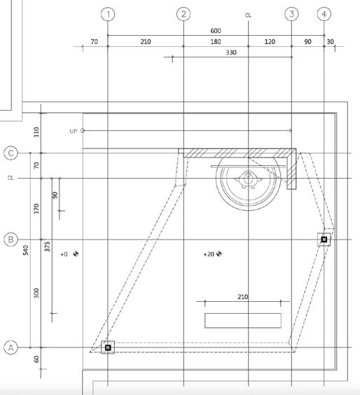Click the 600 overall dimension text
(216, 31)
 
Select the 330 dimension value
(231, 53)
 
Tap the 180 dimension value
(216, 41)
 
